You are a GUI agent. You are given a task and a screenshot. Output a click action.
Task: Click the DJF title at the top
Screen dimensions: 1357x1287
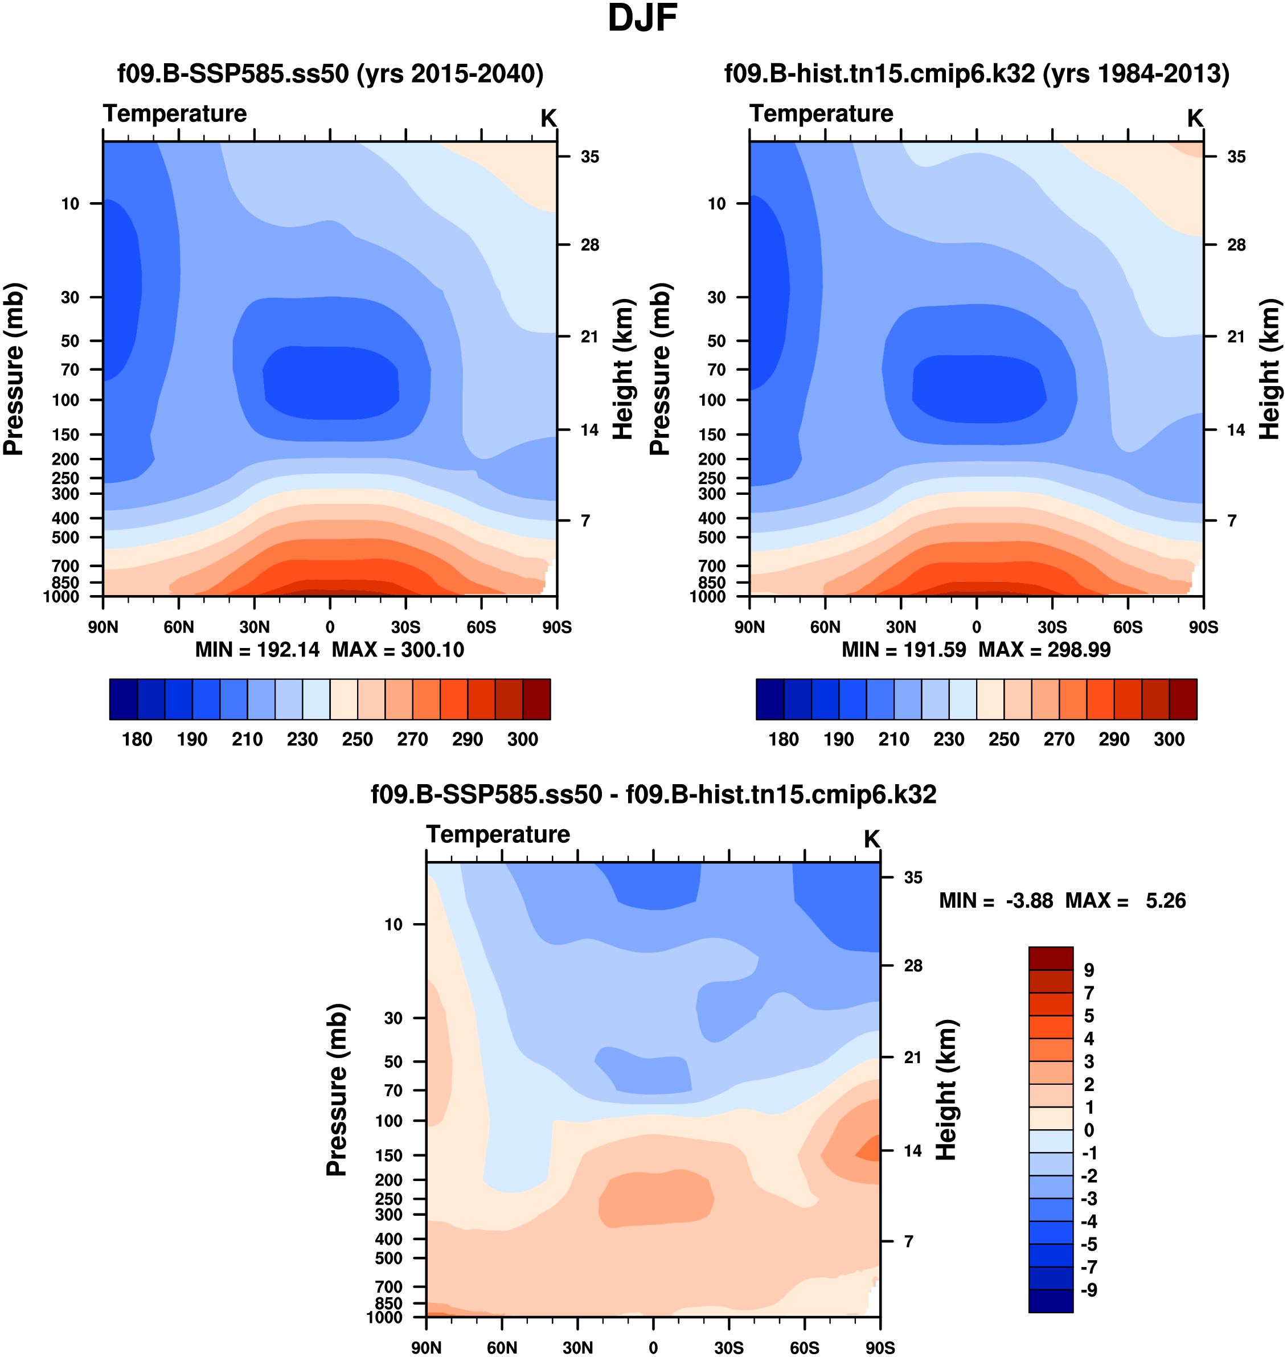click(642, 19)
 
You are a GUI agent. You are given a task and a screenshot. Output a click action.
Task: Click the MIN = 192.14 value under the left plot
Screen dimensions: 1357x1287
click(257, 650)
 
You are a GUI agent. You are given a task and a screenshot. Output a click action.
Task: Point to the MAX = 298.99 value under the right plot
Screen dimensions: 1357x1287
click(1044, 650)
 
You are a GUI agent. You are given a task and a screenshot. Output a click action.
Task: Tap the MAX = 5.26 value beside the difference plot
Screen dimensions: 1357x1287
click(1125, 901)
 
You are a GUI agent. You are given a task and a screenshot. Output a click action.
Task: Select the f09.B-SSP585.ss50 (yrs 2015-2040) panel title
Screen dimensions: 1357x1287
click(330, 73)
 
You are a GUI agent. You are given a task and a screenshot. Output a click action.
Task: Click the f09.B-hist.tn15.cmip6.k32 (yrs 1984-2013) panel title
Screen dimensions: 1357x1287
click(977, 73)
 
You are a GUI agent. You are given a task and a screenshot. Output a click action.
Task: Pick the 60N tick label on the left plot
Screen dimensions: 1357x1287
click(179, 627)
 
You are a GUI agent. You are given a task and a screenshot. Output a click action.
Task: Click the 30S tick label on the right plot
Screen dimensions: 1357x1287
click(1052, 627)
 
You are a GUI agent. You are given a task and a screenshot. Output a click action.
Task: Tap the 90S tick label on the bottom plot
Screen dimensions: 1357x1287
click(879, 1347)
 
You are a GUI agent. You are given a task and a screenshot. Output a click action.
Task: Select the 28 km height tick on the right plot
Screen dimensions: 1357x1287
click(1236, 245)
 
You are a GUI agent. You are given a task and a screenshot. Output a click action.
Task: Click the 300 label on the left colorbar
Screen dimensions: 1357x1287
click(522, 740)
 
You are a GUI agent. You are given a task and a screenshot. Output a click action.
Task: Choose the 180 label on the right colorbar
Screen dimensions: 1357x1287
click(784, 740)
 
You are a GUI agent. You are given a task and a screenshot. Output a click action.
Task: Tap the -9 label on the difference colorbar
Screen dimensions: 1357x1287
click(1089, 1290)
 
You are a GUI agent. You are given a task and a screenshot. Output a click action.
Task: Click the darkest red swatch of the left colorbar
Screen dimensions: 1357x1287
click(536, 699)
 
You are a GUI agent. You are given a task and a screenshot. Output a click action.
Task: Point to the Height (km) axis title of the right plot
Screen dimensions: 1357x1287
click(1270, 369)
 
